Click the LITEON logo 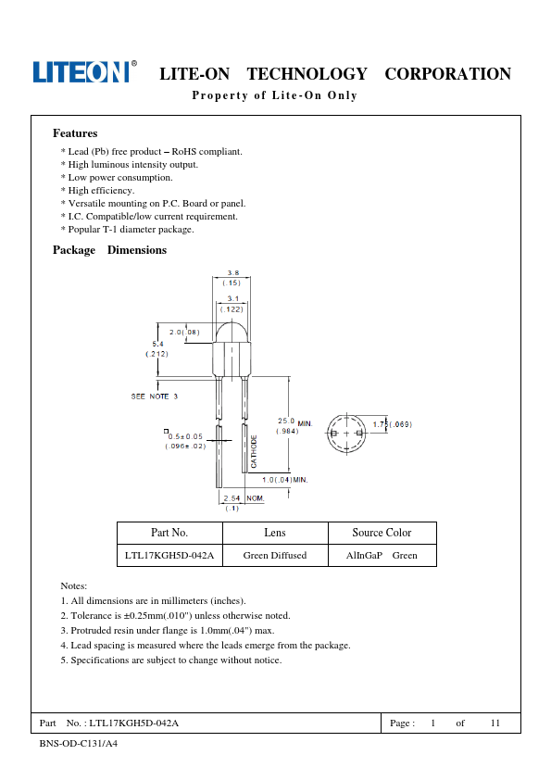click(84, 71)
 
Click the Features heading click(75, 133)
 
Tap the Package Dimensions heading click(109, 250)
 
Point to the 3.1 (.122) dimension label click(232, 304)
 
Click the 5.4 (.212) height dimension click(157, 348)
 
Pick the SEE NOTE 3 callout click(154, 396)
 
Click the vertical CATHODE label click(254, 451)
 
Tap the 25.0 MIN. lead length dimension click(294, 426)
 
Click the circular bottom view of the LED click(346, 434)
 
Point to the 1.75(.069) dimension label click(393, 424)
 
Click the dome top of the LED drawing click(232, 332)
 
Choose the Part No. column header click(169, 533)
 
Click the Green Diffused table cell click(275, 555)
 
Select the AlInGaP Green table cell click(382, 555)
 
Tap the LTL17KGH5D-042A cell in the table click(169, 555)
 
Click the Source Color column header click(382, 533)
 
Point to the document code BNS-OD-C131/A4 click(79, 744)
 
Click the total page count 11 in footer click(495, 723)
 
